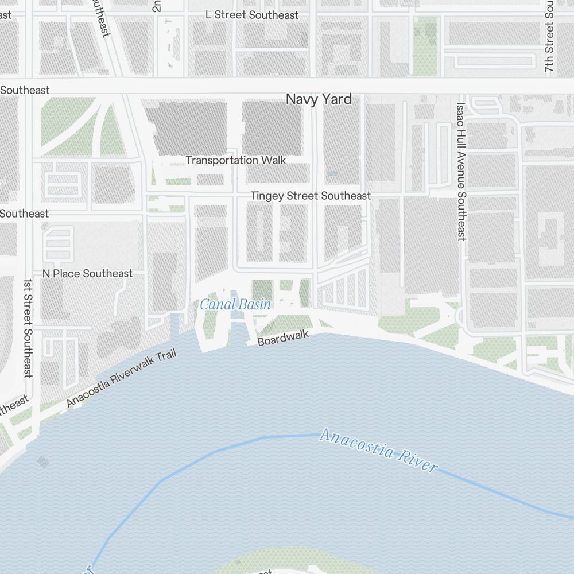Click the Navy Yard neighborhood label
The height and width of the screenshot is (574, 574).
pyautogui.click(x=319, y=99)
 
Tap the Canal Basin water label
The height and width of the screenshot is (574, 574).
pyautogui.click(x=235, y=305)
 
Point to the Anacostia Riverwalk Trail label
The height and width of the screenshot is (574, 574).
pyautogui.click(x=121, y=378)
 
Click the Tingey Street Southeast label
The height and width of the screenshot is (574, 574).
pyautogui.click(x=311, y=196)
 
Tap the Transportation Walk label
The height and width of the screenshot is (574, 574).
pyautogui.click(x=235, y=160)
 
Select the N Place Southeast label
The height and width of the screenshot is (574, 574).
pyautogui.click(x=87, y=273)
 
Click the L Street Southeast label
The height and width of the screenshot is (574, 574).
pyautogui.click(x=252, y=15)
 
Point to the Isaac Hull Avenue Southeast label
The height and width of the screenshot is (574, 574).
pyautogui.click(x=461, y=171)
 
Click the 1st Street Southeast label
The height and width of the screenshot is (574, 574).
pyautogui.click(x=28, y=328)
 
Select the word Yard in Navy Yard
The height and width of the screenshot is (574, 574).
pyautogui.click(x=336, y=99)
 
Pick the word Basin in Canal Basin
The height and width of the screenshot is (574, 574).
pyautogui.click(x=251, y=305)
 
